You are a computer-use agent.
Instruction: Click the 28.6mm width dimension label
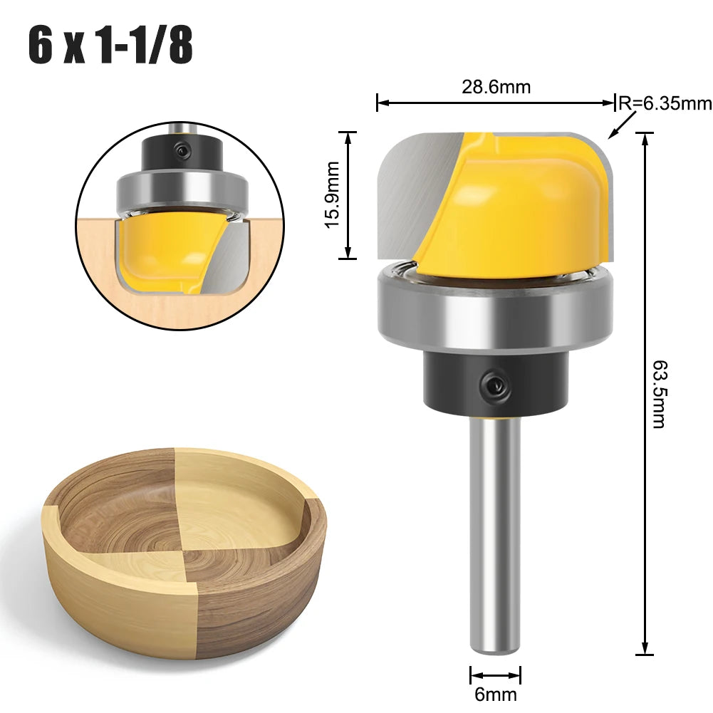[x=496, y=87]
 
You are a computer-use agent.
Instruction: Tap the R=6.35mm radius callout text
[x=665, y=104]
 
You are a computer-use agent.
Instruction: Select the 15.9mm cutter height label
[x=333, y=194]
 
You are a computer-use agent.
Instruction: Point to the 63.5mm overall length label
[x=659, y=394]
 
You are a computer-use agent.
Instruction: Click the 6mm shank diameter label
[x=496, y=694]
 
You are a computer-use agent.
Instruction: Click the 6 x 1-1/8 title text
[x=110, y=46]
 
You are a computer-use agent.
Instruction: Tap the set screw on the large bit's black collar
[x=494, y=384]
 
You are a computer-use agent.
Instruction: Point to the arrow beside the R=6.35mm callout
[x=623, y=125]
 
